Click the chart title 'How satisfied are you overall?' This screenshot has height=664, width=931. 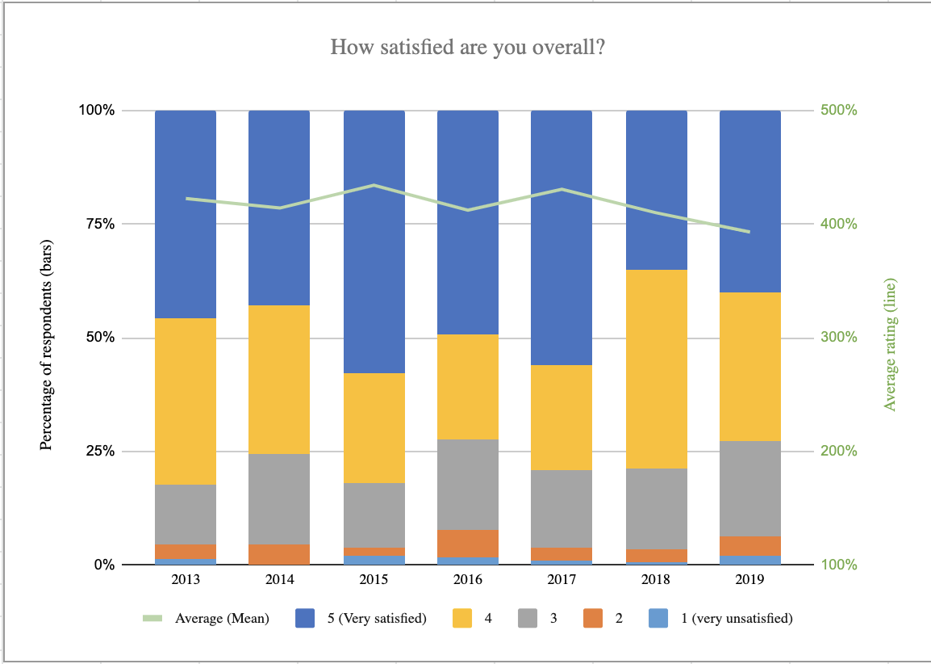click(468, 48)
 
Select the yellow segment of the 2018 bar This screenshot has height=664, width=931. click(657, 368)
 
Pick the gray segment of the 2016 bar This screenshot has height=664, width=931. click(468, 484)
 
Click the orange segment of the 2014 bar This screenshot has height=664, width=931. click(279, 554)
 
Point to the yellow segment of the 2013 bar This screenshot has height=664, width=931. click(186, 401)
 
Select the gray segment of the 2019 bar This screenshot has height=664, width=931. click(750, 488)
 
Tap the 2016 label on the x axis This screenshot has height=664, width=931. click(468, 580)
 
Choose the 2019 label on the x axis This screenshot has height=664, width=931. click(750, 580)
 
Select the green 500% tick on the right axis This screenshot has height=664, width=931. click(839, 110)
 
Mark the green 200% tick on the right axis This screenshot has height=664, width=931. click(839, 451)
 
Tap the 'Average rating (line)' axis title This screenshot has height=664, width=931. click(891, 345)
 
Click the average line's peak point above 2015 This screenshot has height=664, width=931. click(374, 185)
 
